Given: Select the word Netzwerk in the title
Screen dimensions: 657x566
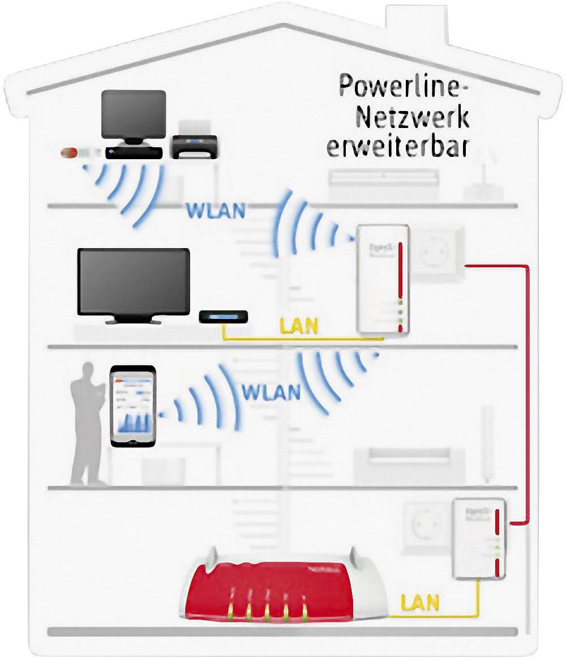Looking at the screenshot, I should click(x=411, y=117).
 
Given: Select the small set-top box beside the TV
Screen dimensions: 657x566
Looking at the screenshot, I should click(x=224, y=318).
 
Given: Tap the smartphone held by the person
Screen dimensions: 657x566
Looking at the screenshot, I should click(x=133, y=406).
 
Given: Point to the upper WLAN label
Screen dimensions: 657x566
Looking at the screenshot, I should click(x=216, y=211).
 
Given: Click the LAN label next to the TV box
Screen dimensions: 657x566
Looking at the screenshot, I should click(x=299, y=327).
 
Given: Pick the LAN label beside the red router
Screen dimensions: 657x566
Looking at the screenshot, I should click(x=419, y=601).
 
